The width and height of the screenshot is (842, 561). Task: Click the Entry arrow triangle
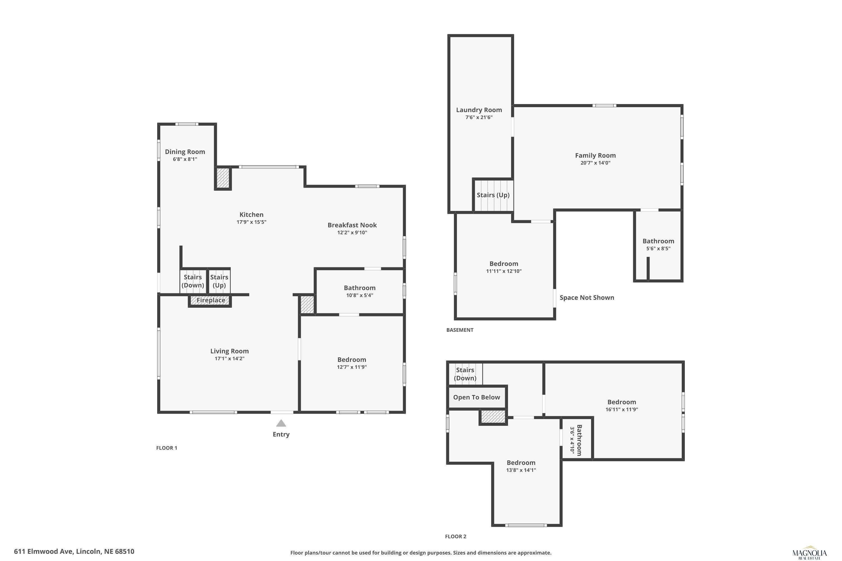281,423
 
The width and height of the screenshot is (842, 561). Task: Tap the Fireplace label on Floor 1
211,300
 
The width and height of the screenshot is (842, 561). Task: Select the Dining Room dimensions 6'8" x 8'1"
185,159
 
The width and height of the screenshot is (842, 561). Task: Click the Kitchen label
251,215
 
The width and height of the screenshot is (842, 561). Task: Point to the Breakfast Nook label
352,225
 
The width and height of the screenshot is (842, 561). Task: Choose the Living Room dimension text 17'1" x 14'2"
230,358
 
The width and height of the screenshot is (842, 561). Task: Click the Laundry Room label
479,110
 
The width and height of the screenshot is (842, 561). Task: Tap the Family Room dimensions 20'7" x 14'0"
595,163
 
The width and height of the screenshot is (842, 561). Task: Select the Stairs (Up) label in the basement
493,195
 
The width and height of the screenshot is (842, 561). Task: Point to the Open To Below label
476,397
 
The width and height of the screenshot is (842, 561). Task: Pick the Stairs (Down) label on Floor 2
465,374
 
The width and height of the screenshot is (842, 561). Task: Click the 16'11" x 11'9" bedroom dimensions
621,410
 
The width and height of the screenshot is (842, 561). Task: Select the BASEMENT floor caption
460,330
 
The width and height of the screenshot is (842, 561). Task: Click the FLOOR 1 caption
166,448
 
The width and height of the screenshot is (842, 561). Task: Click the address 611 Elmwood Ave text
74,551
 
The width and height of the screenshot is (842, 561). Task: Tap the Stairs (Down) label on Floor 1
193,281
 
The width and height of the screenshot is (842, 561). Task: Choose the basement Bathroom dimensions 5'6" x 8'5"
658,249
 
